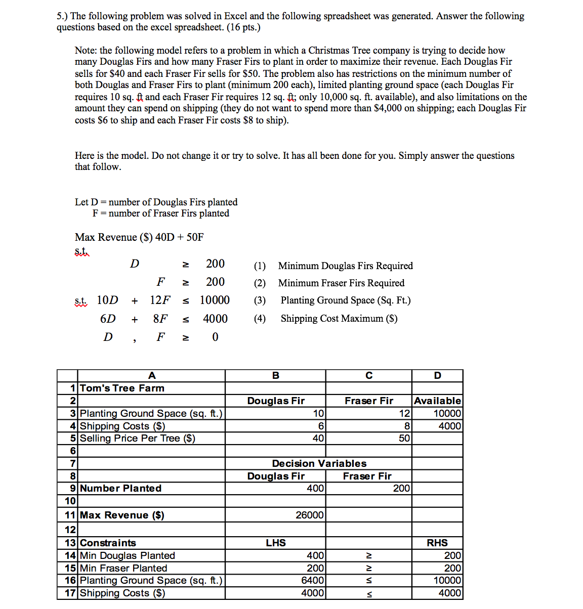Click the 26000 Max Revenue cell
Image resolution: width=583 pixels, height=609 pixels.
309,515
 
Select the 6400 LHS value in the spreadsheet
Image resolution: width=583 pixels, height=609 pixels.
312,580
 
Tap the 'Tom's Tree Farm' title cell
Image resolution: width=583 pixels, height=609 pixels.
122,388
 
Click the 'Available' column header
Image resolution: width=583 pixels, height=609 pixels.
437,401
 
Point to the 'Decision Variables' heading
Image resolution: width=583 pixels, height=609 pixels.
319,463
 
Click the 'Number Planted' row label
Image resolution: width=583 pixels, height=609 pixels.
120,488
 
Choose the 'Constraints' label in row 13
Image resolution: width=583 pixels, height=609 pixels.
108,543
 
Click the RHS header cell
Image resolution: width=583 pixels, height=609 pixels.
437,543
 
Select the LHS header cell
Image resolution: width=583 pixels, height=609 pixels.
276,543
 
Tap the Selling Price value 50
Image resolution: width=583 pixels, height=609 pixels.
404,438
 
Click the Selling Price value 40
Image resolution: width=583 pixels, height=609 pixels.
318,438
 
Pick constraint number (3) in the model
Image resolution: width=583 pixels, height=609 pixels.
260,300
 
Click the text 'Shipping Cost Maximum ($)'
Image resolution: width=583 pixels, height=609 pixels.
339,319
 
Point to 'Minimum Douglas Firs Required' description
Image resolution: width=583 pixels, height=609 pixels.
345,266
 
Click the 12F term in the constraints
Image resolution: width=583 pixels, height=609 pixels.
160,300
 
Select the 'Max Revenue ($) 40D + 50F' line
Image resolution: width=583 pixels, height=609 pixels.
139,237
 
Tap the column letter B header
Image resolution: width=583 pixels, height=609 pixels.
275,375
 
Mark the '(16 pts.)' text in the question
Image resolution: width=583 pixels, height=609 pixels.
242,27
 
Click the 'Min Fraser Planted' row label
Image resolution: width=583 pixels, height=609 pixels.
123,568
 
